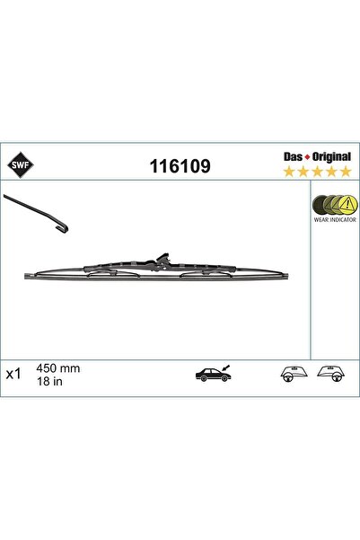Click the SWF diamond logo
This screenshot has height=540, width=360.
pos(21,164)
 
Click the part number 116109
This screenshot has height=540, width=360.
pos(180,166)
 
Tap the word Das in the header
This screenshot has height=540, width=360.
pos(293,156)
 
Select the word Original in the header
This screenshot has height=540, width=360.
pos(331,157)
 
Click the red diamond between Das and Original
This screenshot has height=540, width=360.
pos(307,157)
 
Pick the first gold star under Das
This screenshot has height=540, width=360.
pos(289,172)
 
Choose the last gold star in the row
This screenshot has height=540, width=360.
pos(346,172)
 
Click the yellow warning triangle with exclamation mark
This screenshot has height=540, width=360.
pos(348,205)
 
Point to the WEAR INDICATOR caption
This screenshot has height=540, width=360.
pos(335,220)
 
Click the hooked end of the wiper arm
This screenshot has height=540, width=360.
pos(63,228)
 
